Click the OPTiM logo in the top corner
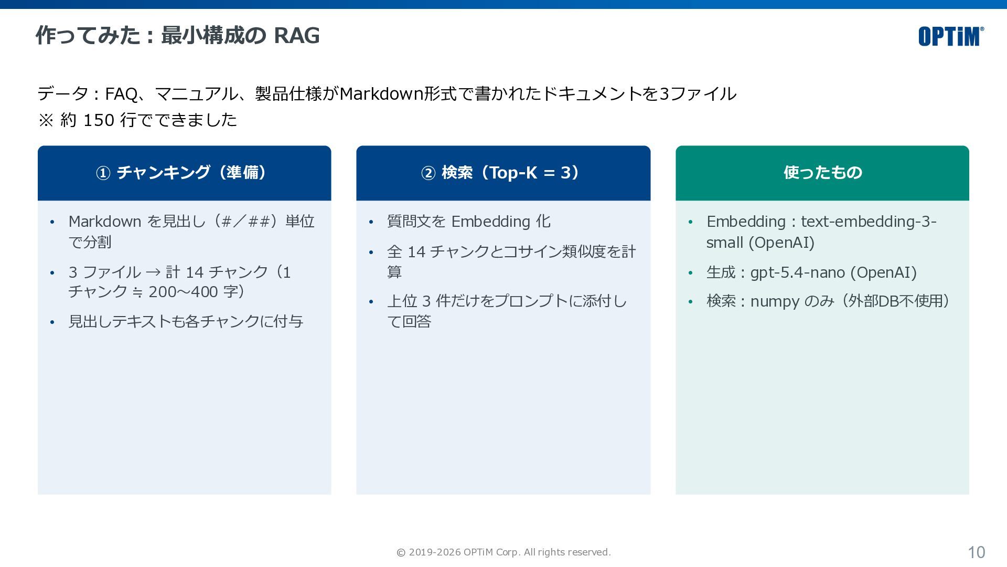coord(951,36)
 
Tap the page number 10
coord(977,552)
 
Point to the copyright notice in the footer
coord(504,552)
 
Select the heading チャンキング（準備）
coord(192,172)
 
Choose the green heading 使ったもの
coord(822,172)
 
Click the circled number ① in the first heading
coord(103,173)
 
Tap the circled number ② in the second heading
coord(428,173)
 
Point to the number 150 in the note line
coord(99,120)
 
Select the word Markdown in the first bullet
coord(105,222)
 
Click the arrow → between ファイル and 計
coord(153,272)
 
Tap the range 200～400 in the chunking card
coord(183,292)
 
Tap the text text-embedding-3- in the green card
coord(869,222)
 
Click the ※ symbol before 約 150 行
coord(46,120)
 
